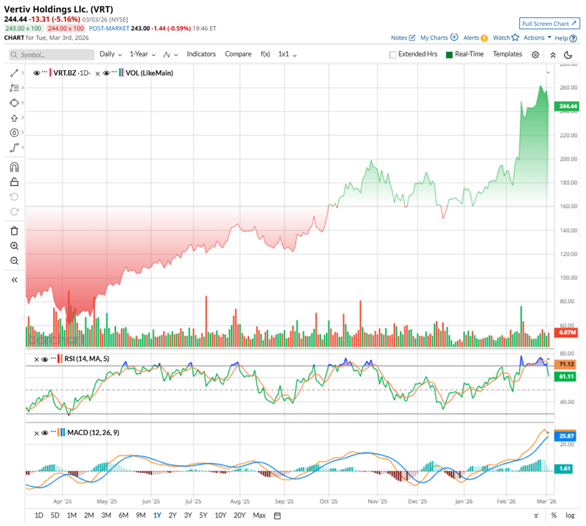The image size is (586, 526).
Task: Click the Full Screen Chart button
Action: coord(549,24)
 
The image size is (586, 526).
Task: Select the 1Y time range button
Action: coord(157,516)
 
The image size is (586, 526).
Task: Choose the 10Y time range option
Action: coord(221,516)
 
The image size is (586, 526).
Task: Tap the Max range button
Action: coord(259,516)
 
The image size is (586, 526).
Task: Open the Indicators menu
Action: coord(201,54)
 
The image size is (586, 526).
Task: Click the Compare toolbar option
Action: coord(238,54)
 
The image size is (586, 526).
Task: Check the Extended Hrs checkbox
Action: coord(393,55)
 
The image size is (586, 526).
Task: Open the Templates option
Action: coord(507,54)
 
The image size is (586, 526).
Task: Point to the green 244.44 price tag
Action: coord(568,106)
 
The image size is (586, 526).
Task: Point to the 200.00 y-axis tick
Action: coord(568,159)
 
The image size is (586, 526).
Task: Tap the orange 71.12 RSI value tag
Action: coord(568,364)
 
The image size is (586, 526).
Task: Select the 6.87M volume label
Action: coord(568,332)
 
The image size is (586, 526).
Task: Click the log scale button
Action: coord(570,516)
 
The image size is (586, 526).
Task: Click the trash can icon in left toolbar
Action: coord(14,230)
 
